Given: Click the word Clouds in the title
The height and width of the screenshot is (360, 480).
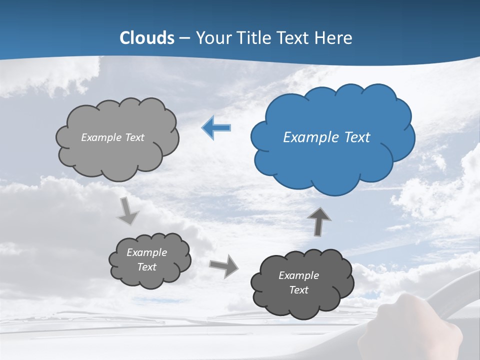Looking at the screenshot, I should [147, 38].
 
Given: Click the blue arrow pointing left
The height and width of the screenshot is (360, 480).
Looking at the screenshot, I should [216, 128].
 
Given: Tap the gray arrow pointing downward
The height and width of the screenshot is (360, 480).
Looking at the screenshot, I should [128, 211].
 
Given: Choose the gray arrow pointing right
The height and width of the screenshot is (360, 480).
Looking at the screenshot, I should [224, 265].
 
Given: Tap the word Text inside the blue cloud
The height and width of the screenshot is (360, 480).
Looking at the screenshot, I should [357, 137].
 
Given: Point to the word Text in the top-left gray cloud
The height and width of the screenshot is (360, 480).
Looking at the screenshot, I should [135, 137].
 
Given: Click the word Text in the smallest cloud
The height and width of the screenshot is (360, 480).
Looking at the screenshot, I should [147, 267].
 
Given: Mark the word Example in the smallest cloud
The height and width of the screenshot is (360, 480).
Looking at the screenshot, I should [147, 252].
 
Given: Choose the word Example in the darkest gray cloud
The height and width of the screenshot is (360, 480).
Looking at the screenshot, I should [298, 275].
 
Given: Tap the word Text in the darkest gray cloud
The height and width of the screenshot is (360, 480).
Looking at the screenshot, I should [298, 290].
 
